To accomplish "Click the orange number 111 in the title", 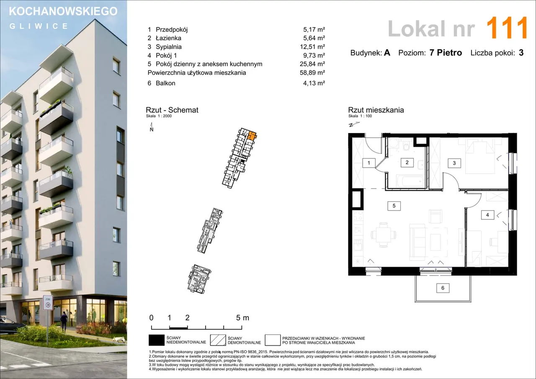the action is click(507, 28).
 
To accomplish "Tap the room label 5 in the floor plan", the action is click(394, 206).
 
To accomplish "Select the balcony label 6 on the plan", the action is click(443, 288).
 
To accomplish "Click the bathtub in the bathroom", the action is click(410, 181).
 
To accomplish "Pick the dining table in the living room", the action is click(383, 235).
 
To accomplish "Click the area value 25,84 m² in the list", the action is click(312, 64).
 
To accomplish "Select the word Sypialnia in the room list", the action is click(168, 47).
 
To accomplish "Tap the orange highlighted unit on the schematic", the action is click(252, 135).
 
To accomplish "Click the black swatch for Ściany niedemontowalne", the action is click(157, 340).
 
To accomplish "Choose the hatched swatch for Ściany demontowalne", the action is click(218, 340).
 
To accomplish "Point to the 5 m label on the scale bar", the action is click(242, 318).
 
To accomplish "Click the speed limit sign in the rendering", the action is click(48, 303).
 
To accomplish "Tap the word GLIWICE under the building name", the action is click(39, 26).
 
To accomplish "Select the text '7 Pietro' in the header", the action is click(446, 53).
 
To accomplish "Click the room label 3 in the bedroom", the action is click(454, 163).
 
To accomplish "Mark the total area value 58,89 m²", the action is click(312, 73).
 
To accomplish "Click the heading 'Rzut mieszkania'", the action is click(376, 110).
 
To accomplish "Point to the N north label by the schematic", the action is click(152, 130).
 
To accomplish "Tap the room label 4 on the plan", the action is click(487, 215).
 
